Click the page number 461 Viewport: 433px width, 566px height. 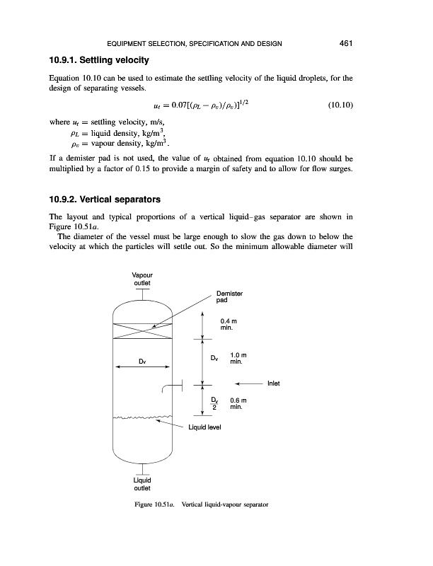(x=345, y=44)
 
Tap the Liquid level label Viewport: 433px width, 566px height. (x=206, y=427)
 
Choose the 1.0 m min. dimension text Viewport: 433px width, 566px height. (x=238, y=358)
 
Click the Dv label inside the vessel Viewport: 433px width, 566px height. (x=142, y=360)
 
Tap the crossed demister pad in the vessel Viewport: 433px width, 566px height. (x=142, y=330)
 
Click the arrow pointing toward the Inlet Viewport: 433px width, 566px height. (x=248, y=384)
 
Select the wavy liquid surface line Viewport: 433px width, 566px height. (x=142, y=417)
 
